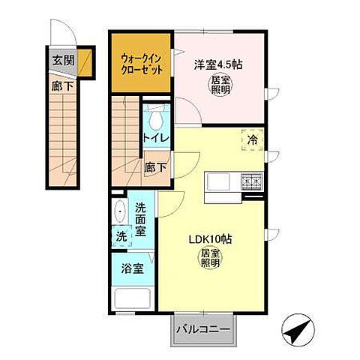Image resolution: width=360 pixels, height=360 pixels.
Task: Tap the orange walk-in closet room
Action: [142, 63]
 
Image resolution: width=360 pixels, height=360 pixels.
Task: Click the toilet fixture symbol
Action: [156, 119]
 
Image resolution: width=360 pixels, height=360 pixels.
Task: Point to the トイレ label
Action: [156, 138]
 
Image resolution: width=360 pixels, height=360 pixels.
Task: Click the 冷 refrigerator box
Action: [252, 139]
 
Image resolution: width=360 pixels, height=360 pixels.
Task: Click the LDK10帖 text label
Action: [209, 241]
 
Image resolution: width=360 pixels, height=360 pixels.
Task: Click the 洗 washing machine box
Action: [121, 236]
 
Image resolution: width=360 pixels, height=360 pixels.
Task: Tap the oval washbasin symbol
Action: [120, 211]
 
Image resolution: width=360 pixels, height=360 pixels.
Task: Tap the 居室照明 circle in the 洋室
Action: [220, 85]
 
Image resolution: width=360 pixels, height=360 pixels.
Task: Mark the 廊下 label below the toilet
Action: [155, 167]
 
